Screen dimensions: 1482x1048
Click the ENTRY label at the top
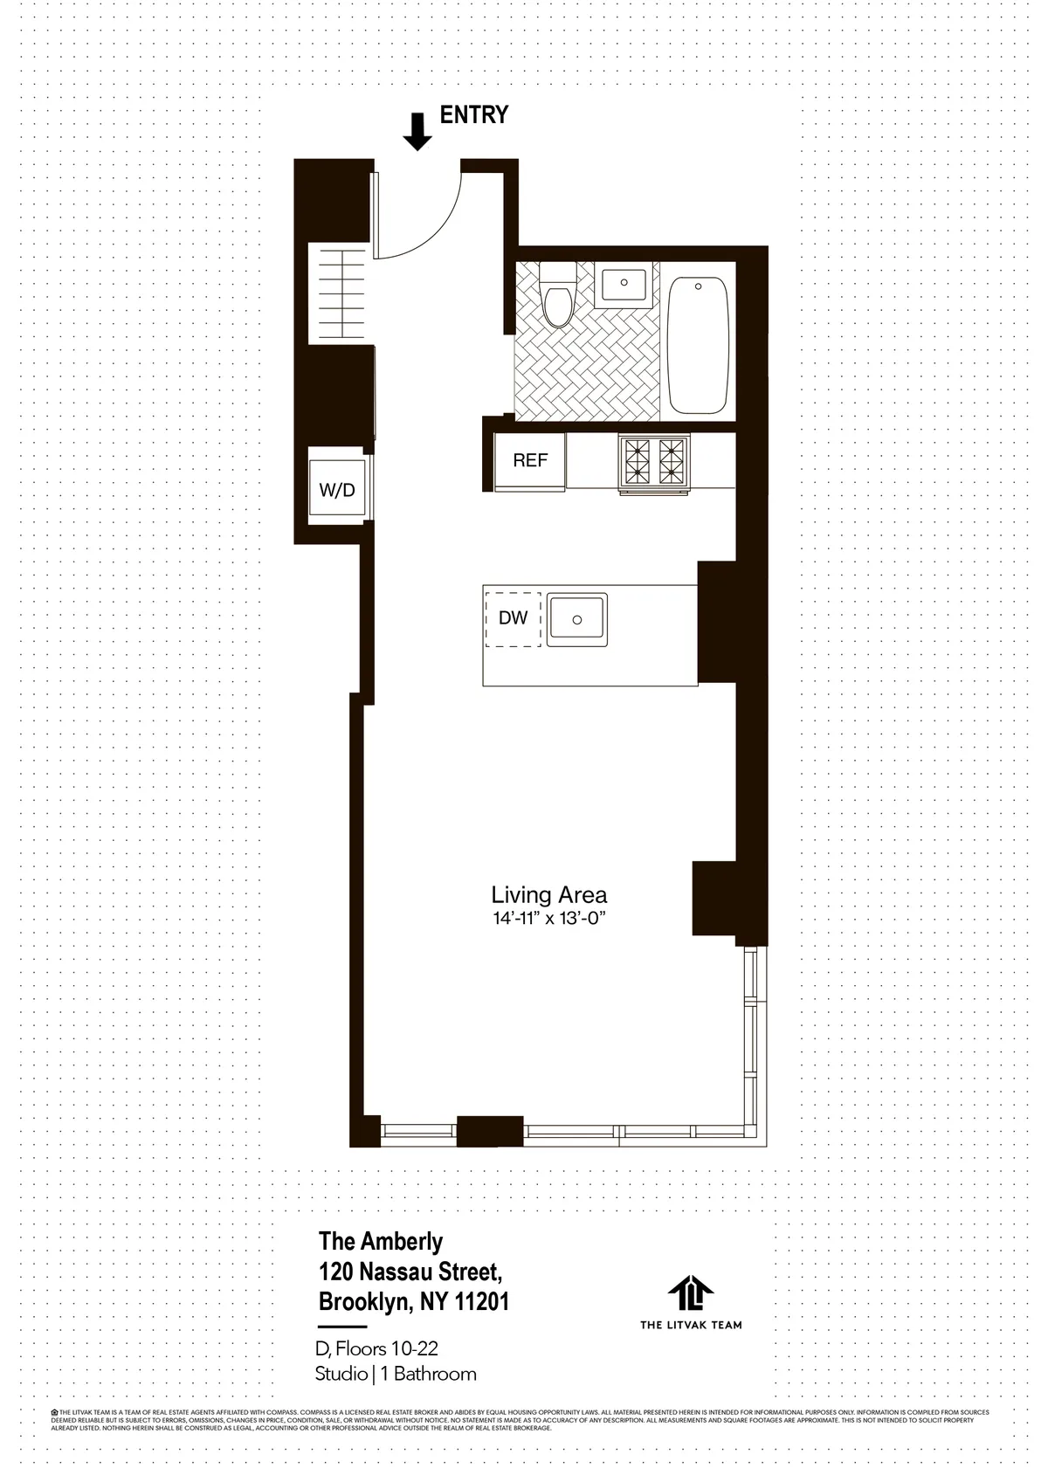coord(473,114)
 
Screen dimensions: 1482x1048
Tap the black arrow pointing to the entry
coord(417,132)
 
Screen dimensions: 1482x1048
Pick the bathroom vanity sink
coord(624,285)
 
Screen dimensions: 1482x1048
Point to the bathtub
coord(698,344)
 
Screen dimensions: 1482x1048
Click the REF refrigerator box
coord(529,460)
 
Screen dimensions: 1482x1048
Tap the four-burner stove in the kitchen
coord(654,460)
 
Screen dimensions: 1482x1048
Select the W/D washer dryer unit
coord(337,490)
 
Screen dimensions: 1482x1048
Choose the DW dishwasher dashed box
coord(513,618)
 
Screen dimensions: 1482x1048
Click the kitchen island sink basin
coord(576,619)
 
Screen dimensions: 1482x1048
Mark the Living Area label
coord(548,895)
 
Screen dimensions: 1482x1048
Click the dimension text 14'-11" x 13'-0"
coord(548,919)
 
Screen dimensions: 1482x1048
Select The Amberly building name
coord(381,1241)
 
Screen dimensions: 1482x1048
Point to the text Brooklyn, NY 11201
coord(414,1302)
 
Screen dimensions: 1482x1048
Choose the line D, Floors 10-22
coord(376,1349)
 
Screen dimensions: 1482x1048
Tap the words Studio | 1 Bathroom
coord(396,1374)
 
